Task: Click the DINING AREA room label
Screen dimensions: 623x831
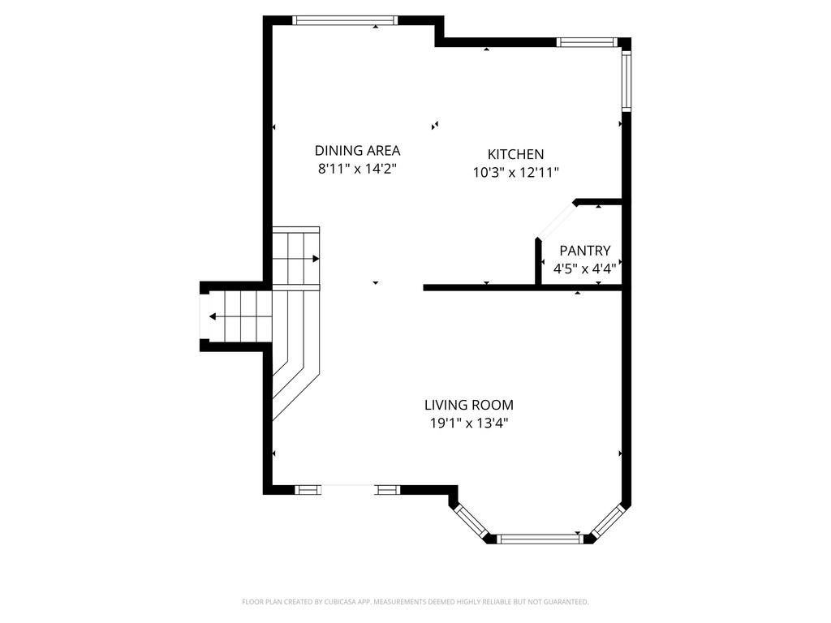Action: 357,150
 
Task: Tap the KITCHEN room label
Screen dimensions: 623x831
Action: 515,154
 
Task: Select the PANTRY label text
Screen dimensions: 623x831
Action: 584,251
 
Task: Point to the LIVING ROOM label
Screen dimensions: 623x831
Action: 468,405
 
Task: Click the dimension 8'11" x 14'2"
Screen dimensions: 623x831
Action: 357,169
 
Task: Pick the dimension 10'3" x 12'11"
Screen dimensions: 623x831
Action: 515,172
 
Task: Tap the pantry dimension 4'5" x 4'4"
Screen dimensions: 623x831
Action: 584,269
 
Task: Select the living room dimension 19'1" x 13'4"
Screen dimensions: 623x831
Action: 468,423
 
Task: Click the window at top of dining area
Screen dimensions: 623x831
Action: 345,20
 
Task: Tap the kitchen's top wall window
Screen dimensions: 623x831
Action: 587,42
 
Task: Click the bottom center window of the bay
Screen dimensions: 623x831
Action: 540,538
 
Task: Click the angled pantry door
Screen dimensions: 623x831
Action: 557,221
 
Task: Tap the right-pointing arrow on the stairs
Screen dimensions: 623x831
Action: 315,259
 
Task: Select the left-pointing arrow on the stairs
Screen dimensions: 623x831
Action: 213,316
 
